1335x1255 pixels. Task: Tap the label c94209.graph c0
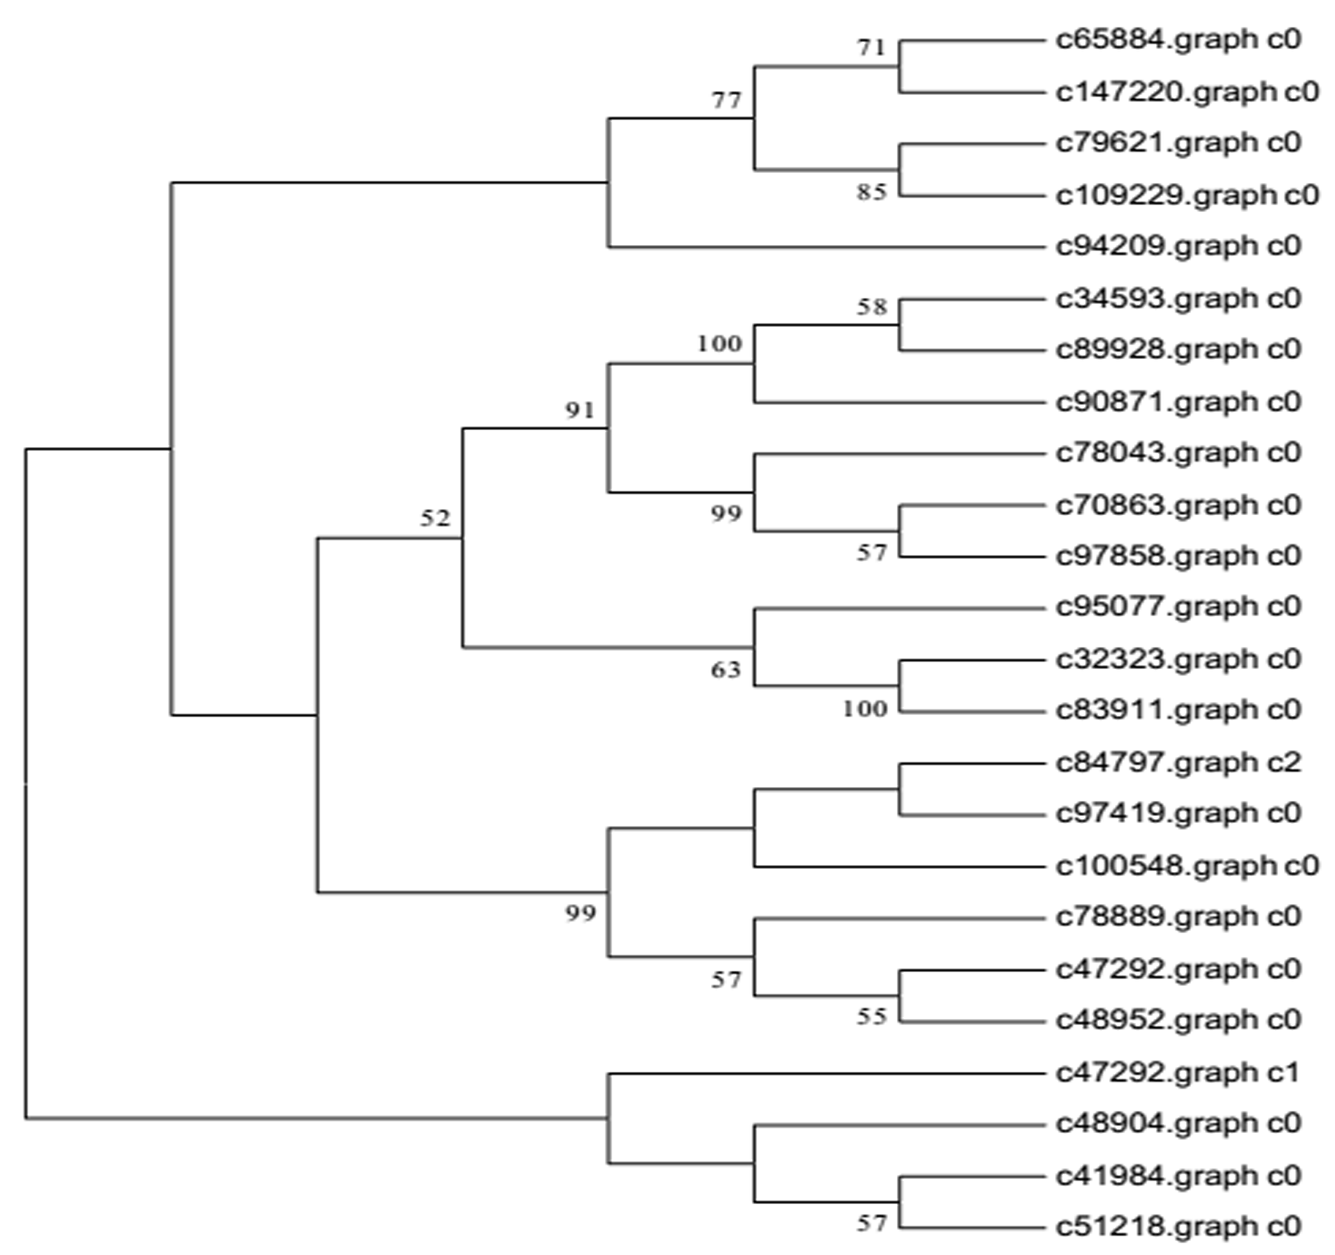pos(1178,247)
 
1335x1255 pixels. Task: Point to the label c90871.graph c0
pos(1178,402)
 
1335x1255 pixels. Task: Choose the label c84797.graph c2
pos(1178,763)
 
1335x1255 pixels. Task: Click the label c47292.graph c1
pos(1178,1073)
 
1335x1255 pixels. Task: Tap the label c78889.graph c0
pos(1178,917)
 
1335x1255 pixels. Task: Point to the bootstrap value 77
pos(726,101)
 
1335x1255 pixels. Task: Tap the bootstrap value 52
pos(435,518)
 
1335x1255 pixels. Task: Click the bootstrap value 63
pos(726,669)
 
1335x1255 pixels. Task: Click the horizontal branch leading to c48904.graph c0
pos(900,1125)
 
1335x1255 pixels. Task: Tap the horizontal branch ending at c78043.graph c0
pos(900,454)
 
